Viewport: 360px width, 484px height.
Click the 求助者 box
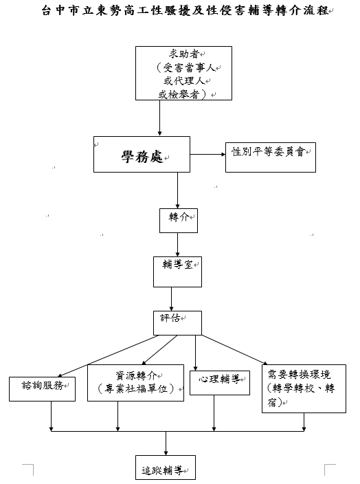point(181,74)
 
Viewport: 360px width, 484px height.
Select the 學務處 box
point(142,155)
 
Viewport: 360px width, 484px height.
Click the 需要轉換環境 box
point(304,388)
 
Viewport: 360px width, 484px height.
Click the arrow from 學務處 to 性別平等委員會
point(208,155)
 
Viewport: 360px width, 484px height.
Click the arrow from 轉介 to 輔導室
point(177,243)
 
